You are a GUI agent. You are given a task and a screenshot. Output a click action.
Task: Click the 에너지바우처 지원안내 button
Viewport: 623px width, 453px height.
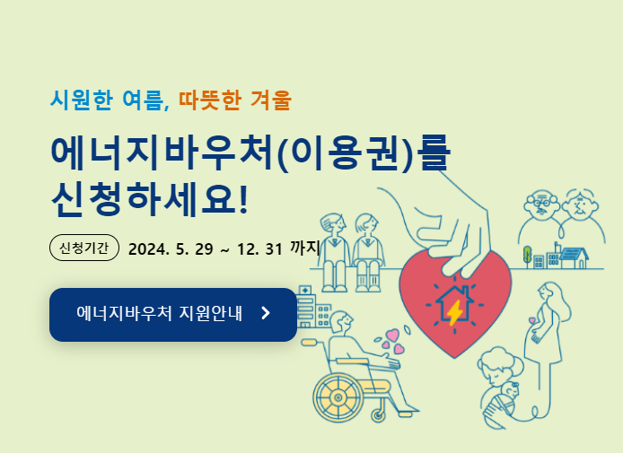pyautogui.click(x=172, y=314)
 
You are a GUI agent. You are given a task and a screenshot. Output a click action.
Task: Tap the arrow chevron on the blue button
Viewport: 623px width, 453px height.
pyautogui.click(x=265, y=313)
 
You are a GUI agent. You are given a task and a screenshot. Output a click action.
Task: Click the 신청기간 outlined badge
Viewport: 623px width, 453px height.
pyautogui.click(x=83, y=247)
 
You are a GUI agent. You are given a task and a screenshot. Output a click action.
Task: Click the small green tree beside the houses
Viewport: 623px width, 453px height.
pyautogui.click(x=527, y=256)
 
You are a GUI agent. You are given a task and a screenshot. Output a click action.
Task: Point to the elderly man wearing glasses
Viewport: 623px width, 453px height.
pyautogui.click(x=540, y=205)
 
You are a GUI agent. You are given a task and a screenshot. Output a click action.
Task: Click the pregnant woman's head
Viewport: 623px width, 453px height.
pyautogui.click(x=546, y=294)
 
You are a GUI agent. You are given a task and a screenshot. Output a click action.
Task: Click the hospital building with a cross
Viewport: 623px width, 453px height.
pyautogui.click(x=305, y=305)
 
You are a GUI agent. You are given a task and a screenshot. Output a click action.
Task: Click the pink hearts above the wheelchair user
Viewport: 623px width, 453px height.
pyautogui.click(x=391, y=340)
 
